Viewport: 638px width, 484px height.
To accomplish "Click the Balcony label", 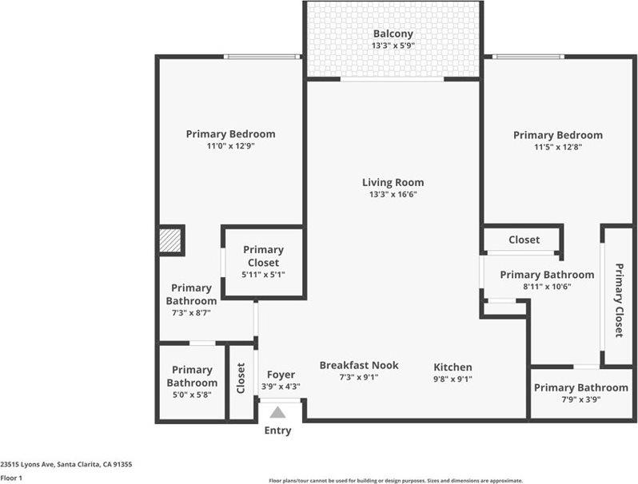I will point(393,34).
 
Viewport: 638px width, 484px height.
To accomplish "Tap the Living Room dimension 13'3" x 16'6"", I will point(393,194).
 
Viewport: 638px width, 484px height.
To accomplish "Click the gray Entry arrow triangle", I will point(277,412).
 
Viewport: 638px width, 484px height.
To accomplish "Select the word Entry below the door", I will point(277,430).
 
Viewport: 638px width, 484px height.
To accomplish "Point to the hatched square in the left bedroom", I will point(171,240).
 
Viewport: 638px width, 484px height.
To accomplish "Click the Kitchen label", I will point(453,367).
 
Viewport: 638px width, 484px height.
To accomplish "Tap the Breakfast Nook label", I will point(359,365).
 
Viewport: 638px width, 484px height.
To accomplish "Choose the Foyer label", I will point(281,375).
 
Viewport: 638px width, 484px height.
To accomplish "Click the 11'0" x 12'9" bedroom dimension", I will point(230,146).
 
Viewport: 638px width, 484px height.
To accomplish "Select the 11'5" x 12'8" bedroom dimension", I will point(557,147).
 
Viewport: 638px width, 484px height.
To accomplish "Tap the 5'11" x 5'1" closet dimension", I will point(263,274).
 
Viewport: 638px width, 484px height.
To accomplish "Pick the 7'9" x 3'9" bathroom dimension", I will point(580,399).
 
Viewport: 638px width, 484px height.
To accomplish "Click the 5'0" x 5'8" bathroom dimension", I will point(192,394).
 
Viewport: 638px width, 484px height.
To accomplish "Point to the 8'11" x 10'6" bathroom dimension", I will point(547,287).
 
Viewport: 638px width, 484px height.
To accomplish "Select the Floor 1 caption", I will point(11,478).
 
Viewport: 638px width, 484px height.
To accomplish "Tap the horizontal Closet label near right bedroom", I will point(524,240).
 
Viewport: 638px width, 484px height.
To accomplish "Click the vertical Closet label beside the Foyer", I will point(241,379).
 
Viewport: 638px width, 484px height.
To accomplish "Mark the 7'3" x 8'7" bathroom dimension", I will point(192,313).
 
